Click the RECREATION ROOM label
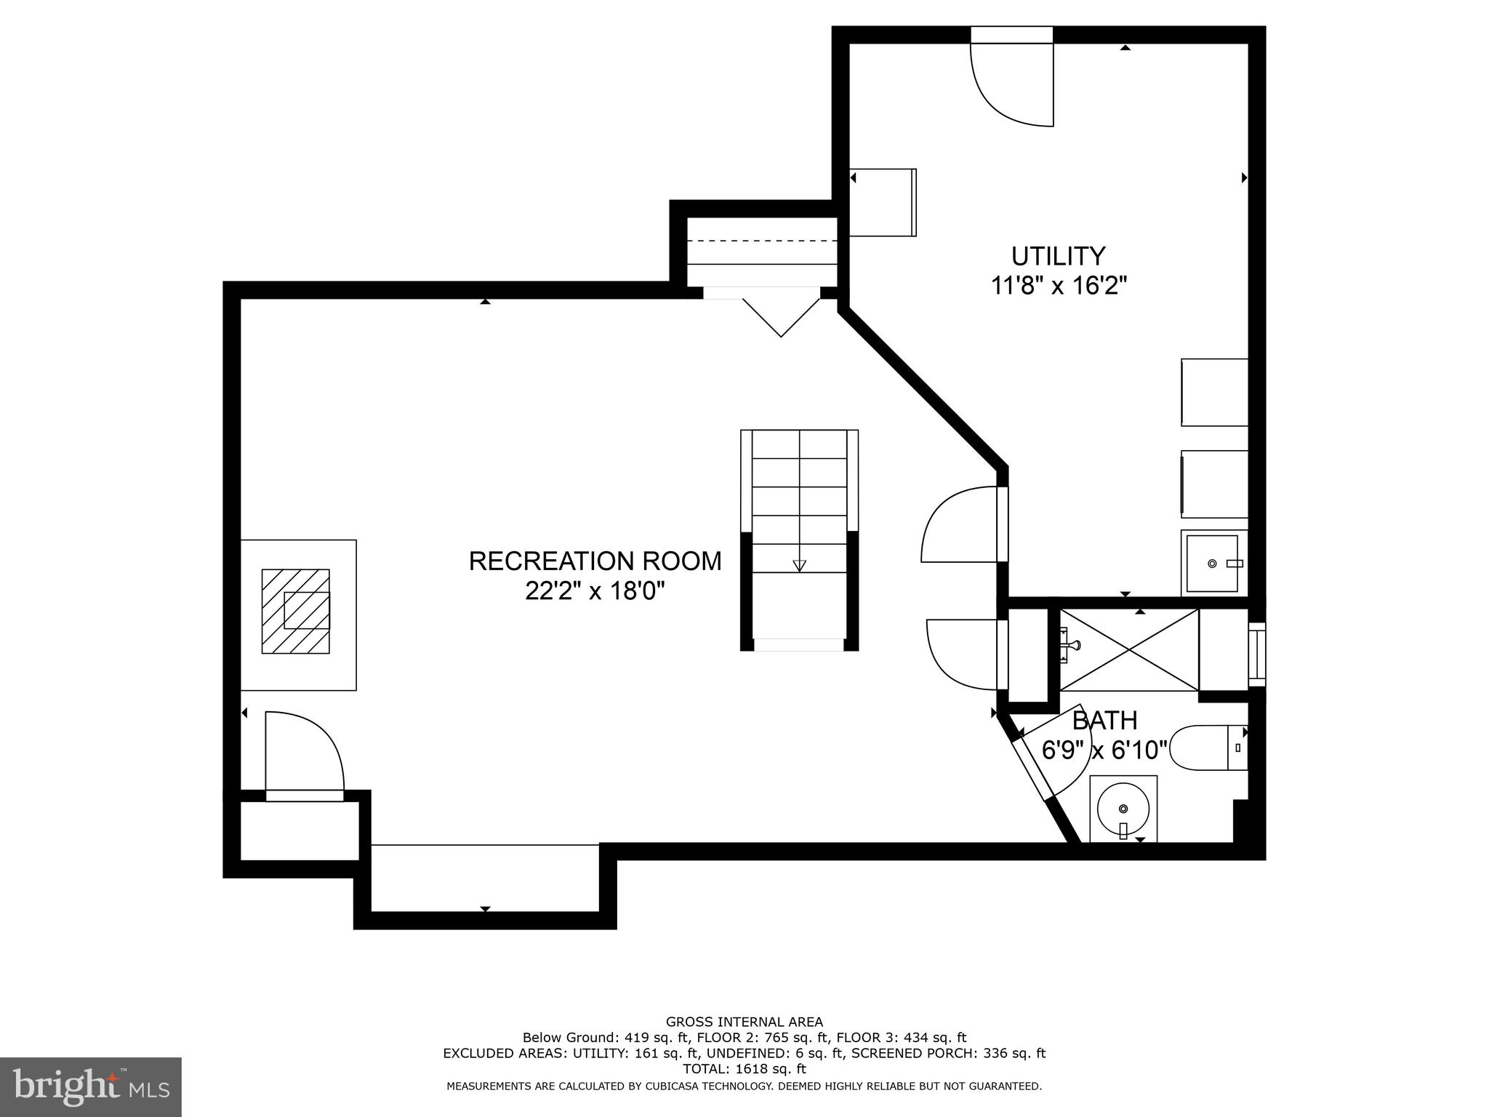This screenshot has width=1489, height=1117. [595, 561]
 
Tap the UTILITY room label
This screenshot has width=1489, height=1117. [1058, 256]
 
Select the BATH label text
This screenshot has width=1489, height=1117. [1104, 721]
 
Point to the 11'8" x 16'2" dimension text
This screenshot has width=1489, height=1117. [1058, 286]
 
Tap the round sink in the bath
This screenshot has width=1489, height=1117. [1123, 808]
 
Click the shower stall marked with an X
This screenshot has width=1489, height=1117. [1128, 649]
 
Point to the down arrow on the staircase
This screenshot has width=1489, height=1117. [800, 565]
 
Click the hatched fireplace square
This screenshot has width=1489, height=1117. [296, 611]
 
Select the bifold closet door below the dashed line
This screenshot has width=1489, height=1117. [781, 317]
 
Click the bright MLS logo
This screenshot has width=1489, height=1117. [90, 1086]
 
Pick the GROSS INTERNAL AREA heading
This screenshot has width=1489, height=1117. [744, 1022]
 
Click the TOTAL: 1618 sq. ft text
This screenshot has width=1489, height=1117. [744, 1069]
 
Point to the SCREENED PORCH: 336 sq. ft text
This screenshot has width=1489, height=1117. [948, 1053]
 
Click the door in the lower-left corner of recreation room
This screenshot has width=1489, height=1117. [303, 756]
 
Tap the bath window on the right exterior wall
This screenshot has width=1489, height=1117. [1257, 654]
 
